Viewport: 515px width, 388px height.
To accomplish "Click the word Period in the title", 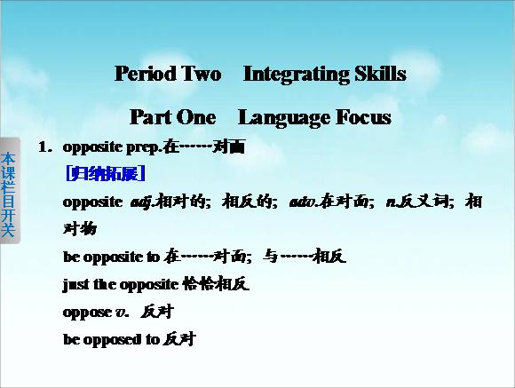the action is pos(146,74).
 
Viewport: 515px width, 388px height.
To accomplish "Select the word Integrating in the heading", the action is pos(297,75).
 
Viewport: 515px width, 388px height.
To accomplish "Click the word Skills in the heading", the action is pos(380,74).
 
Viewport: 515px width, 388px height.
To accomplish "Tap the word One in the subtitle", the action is pos(196,117).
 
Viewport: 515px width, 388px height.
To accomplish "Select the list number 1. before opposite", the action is pos(45,146).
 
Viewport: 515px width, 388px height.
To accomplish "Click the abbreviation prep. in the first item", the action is pos(144,148).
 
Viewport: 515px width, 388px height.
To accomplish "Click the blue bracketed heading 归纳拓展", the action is pos(106,173).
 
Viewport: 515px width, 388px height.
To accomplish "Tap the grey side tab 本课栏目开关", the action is pos(10,191).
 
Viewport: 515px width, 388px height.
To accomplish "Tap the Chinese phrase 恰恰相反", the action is pos(216,284).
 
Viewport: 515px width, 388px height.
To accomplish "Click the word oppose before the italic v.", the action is pos(87,313).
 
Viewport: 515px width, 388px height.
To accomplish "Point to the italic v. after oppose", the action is pos(122,313).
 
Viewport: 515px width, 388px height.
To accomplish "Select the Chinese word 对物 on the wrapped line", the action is pos(80,229).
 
